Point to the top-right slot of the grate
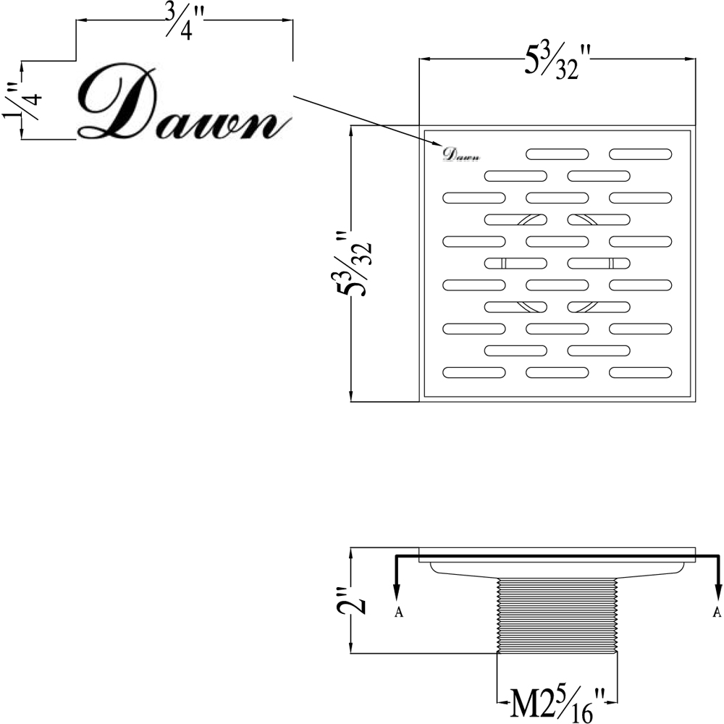[641, 153]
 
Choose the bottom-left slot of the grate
[474, 372]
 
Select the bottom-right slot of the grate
[641, 372]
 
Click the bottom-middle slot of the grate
[557, 372]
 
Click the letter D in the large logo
[116, 105]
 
